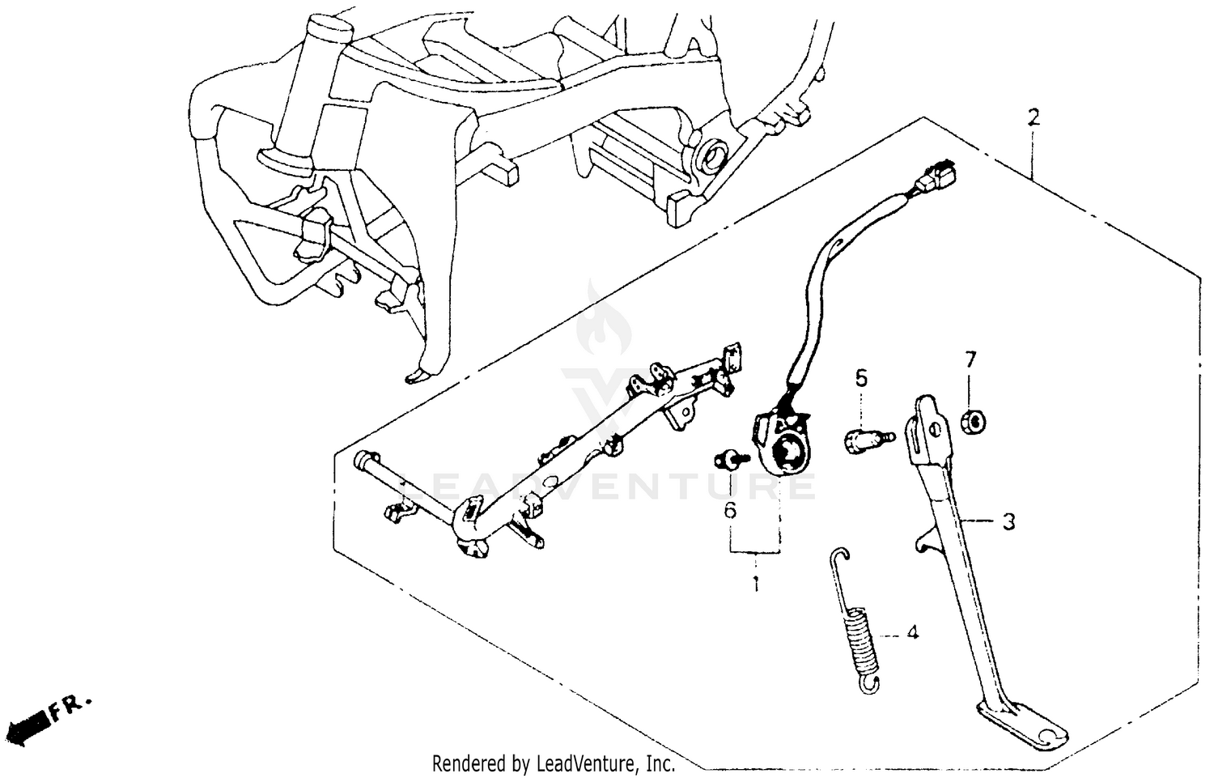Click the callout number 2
tap(1033, 117)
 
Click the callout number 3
tap(1008, 523)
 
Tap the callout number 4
tap(912, 632)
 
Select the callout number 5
tap(861, 378)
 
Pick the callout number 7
tap(970, 359)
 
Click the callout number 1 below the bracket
tap(756, 584)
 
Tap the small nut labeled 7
tap(971, 422)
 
